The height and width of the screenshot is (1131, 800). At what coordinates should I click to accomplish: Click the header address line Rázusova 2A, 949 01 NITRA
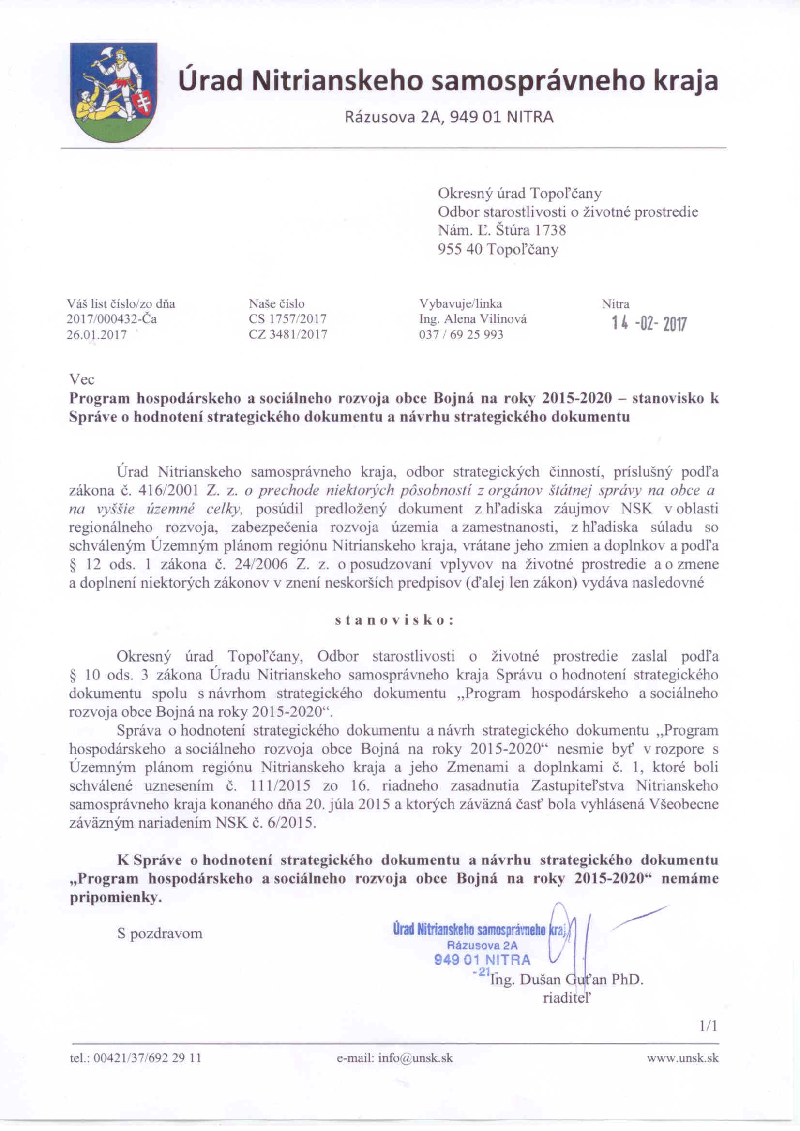pyautogui.click(x=449, y=118)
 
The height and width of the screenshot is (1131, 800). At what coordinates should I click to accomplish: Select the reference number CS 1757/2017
pyautogui.click(x=287, y=319)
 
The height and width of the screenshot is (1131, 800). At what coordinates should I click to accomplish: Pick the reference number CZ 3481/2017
pyautogui.click(x=288, y=334)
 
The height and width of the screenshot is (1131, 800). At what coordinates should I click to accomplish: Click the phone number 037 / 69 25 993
pyautogui.click(x=461, y=334)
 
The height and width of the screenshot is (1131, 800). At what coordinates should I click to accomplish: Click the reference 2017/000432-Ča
pyautogui.click(x=112, y=319)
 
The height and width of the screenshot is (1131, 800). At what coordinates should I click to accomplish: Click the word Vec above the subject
pyautogui.click(x=82, y=380)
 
